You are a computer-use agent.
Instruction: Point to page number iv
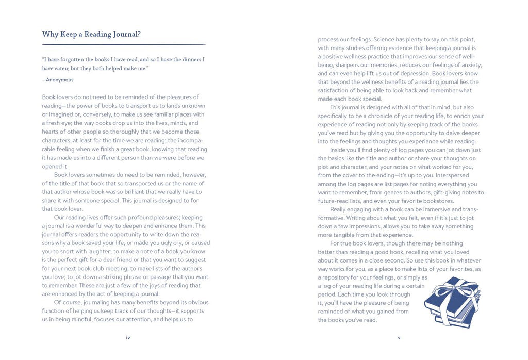pyautogui.click(x=128, y=338)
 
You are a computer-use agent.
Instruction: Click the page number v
pyautogui.click(x=399, y=338)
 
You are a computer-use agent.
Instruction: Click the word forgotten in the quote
pyautogui.click(x=70, y=59)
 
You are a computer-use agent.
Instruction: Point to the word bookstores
pyautogui.click(x=439, y=201)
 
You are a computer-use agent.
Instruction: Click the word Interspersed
pyautogui.click(x=458, y=175)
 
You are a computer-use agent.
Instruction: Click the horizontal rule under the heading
pyautogui.click(x=124, y=44)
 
